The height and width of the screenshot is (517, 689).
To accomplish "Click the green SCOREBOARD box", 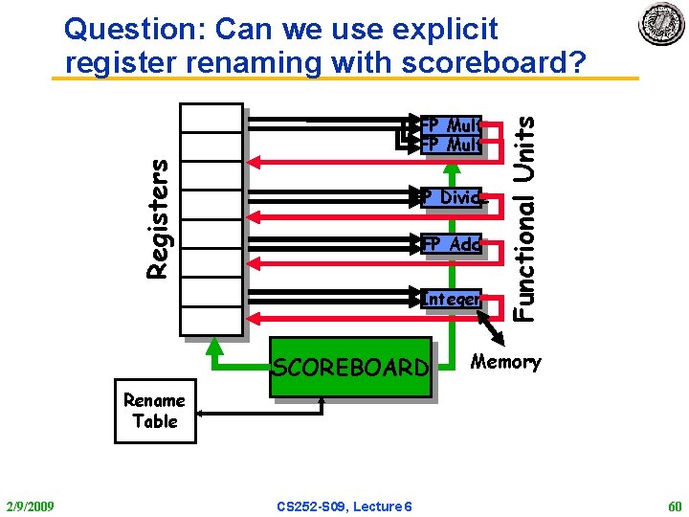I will [350, 366].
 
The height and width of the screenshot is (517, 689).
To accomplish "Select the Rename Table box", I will [155, 412].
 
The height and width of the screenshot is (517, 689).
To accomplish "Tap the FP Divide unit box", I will [451, 197].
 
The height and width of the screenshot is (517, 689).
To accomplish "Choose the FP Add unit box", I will [451, 244].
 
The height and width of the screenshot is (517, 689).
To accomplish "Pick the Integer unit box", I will [451, 299].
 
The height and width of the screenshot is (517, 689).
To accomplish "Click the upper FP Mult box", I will [450, 124].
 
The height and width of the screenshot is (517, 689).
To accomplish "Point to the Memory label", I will [506, 362].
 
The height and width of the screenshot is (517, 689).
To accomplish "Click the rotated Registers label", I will [159, 218].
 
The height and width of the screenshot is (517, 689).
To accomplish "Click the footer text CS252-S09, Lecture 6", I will [344, 506].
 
